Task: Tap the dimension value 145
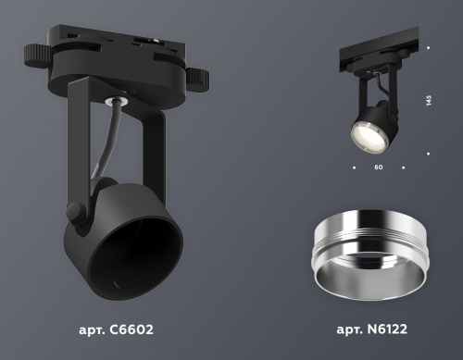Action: tap(429, 101)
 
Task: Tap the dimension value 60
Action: tap(378, 168)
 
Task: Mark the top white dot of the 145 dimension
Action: tap(429, 47)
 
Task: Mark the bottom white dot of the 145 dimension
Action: tap(429, 154)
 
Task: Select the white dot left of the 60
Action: tap(353, 168)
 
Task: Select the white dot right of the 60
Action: tap(404, 168)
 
